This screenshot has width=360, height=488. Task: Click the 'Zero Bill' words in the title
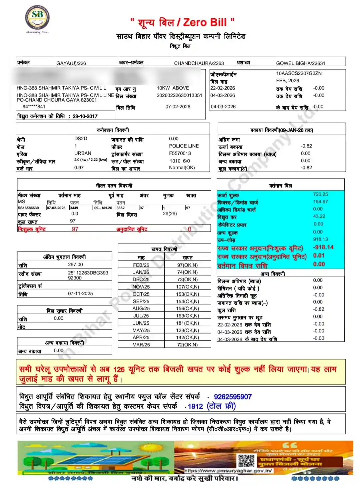[205, 22]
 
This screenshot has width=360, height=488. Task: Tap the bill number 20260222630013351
[179, 95]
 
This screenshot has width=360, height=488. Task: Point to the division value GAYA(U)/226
[71, 63]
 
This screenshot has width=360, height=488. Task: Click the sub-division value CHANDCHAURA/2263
[199, 63]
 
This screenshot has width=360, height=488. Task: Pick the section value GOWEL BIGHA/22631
[300, 63]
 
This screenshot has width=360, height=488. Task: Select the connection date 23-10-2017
[85, 116]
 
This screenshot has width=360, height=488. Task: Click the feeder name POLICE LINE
[184, 146]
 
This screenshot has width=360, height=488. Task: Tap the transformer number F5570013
[180, 153]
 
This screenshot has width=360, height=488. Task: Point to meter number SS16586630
[28, 208]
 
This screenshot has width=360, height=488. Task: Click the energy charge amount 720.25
[320, 194]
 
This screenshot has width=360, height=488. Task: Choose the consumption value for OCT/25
[187, 294]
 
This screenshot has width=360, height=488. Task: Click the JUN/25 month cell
[141, 323]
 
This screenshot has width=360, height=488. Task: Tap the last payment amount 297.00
[75, 264]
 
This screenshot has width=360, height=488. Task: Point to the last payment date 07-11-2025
[80, 293]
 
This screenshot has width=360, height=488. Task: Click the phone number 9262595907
[233, 397]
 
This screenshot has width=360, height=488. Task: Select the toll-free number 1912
[195, 406]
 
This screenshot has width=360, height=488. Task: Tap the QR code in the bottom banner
[246, 461]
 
